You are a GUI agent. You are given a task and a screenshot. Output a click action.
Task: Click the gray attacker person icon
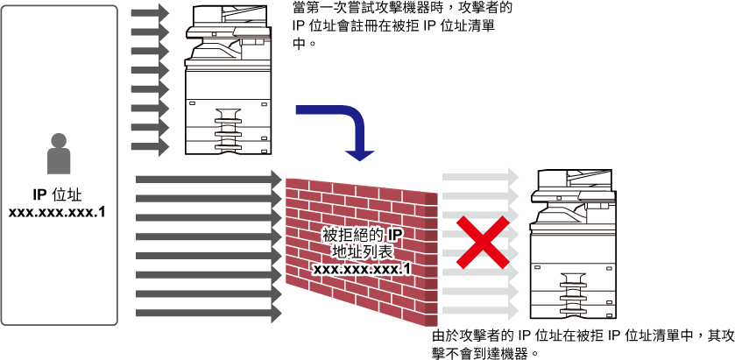click(59, 154)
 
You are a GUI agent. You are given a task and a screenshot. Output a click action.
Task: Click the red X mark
click(483, 243)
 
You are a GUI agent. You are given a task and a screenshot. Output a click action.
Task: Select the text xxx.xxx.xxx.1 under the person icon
click(57, 212)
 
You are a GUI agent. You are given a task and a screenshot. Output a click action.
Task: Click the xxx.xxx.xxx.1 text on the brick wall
click(362, 270)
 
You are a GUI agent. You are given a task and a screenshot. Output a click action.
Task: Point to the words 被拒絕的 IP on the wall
click(363, 235)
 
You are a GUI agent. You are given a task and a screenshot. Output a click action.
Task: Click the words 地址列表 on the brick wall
click(362, 251)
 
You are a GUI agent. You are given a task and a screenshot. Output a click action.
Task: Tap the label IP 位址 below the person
click(58, 194)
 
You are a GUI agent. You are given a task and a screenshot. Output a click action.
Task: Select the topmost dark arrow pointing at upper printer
click(150, 13)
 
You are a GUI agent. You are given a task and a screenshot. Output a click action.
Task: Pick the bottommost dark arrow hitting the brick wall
click(209, 313)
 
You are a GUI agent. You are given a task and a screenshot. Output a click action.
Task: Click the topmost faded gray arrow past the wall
click(480, 178)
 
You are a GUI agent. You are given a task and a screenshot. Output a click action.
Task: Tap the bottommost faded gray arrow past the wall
click(480, 310)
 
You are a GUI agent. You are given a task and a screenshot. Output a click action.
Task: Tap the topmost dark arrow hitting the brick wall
click(209, 179)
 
